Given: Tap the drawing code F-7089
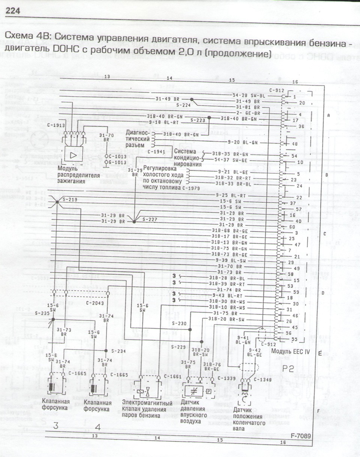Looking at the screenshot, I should [301, 436].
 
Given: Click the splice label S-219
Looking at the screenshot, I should [70, 200].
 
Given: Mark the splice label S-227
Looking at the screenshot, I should [149, 219].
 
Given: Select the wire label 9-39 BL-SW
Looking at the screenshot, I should [231, 260].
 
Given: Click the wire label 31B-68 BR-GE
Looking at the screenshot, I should [229, 230].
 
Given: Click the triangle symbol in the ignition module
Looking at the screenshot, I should [73, 155].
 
